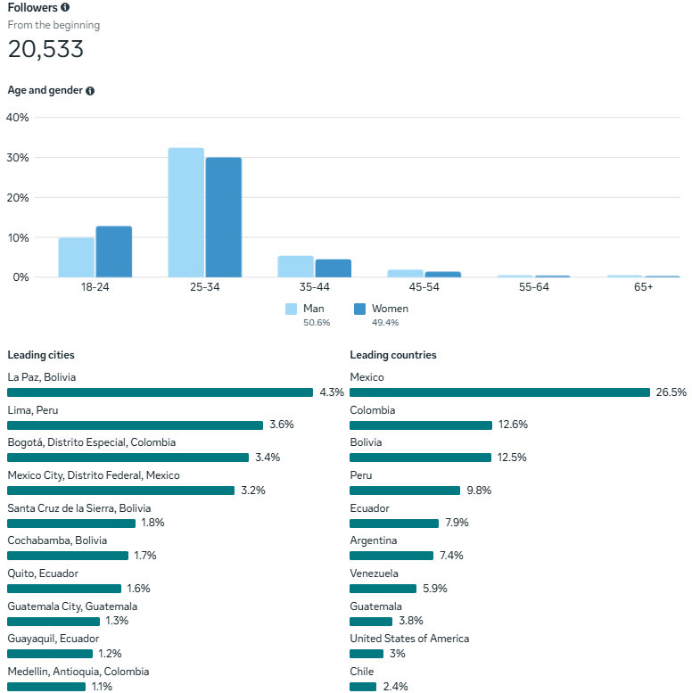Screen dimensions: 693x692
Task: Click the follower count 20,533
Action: pos(45,50)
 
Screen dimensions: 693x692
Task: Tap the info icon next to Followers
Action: pos(65,7)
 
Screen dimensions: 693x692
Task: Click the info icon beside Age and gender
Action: pos(90,91)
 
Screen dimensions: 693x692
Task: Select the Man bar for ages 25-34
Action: pos(185,212)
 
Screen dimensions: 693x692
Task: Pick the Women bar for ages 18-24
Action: pos(114,252)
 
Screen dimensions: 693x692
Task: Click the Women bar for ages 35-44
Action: pos(334,268)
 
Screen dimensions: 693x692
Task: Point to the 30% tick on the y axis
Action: pos(18,158)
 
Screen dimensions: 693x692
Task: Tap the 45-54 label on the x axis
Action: pos(424,287)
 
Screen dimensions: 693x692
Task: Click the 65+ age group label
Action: pos(643,287)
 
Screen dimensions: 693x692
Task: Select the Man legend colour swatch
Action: pos(292,309)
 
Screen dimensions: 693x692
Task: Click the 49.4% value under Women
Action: pos(385,323)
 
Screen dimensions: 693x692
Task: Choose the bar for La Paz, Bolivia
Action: pos(160,392)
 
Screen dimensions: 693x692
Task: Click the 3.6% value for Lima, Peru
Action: pos(282,425)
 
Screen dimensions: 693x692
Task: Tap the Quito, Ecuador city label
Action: pos(43,573)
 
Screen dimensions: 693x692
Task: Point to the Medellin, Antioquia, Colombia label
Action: pos(78,672)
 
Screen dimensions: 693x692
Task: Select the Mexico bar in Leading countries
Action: pos(499,392)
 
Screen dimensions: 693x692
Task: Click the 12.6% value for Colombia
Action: pos(512,425)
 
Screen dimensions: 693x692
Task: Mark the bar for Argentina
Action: pos(391,556)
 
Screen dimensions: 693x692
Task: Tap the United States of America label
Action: pos(409,639)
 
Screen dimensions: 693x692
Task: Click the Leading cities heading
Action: pos(41,355)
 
